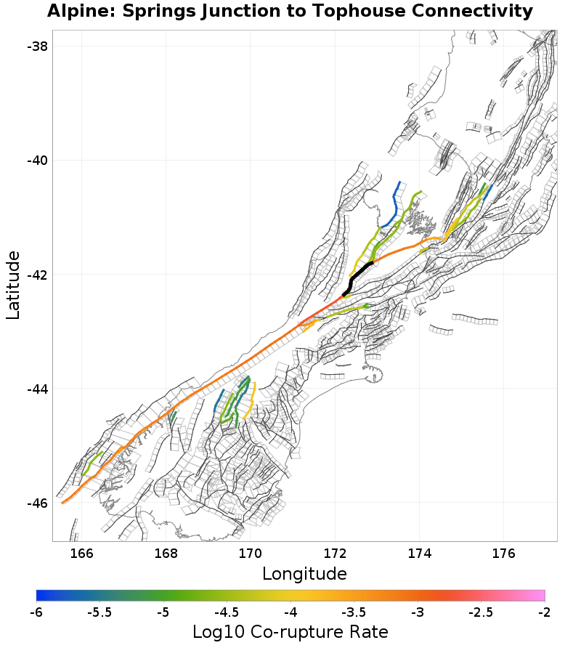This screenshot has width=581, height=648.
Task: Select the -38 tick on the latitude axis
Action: (37, 46)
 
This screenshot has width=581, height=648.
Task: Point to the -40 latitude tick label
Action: (37, 160)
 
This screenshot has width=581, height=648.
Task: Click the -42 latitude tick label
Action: (37, 275)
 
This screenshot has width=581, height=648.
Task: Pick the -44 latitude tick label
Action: (37, 389)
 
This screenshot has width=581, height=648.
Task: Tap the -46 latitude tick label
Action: (37, 503)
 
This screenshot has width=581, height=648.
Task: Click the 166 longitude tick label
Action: (82, 554)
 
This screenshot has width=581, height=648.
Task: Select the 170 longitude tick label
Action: (251, 554)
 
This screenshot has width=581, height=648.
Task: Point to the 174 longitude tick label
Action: (419, 554)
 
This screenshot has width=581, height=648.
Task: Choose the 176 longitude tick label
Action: (503, 554)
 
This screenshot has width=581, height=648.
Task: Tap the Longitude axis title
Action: (304, 574)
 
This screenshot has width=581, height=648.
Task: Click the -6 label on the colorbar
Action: (36, 612)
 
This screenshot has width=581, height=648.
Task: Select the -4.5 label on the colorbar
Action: (227, 612)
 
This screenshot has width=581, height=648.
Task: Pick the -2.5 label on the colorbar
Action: (481, 612)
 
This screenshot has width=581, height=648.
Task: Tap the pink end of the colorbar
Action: (540, 596)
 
